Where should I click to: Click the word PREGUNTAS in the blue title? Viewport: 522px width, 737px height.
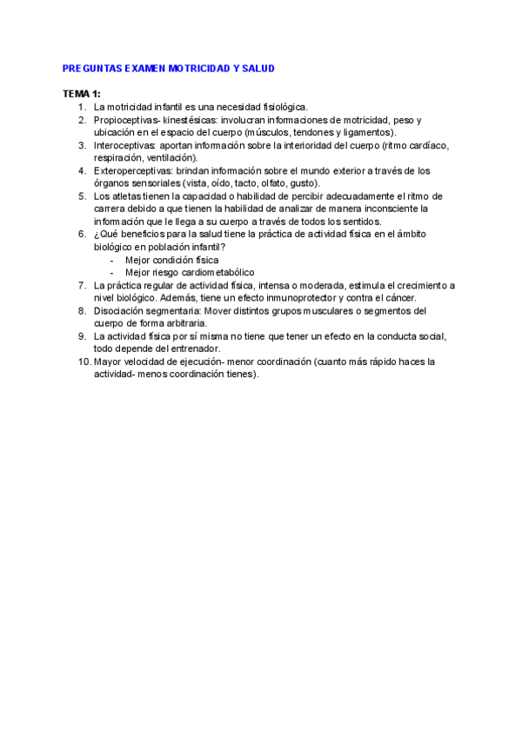point(89,68)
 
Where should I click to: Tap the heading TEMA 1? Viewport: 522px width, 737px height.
point(82,93)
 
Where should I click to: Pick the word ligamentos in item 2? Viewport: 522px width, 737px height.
point(368,132)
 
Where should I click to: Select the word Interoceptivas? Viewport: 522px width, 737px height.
point(124,145)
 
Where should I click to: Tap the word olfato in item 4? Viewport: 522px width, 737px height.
point(268,183)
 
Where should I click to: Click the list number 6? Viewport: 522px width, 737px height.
point(82,235)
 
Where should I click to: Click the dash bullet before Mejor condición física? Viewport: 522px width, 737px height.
point(112,260)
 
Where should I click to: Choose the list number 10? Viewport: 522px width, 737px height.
point(80,362)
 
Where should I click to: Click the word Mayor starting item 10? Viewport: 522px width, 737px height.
point(108,362)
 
